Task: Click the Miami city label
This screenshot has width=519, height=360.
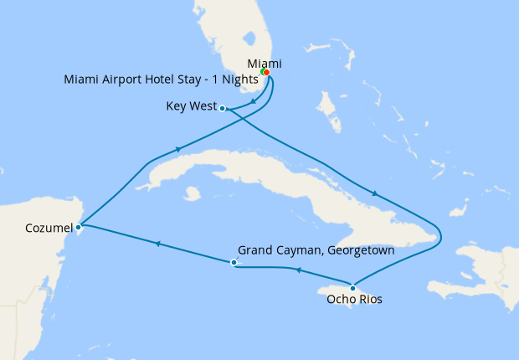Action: pos(265,64)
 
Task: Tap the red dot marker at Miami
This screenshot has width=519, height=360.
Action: pos(266,73)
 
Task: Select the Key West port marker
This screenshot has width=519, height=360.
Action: pos(222,107)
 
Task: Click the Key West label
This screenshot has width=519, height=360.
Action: pos(191,106)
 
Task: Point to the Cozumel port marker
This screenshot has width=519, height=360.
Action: pos(78,226)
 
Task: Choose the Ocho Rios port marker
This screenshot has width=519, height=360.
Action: pos(352,288)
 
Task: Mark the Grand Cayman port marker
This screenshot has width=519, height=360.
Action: pos(234,263)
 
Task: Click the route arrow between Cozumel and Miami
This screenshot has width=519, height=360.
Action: pos(177,151)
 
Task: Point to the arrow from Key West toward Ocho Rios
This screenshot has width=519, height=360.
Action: pos(374,194)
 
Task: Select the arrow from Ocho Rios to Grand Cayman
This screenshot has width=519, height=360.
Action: pos(295,270)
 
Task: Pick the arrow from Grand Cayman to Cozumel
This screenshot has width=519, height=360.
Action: pos(157,244)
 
